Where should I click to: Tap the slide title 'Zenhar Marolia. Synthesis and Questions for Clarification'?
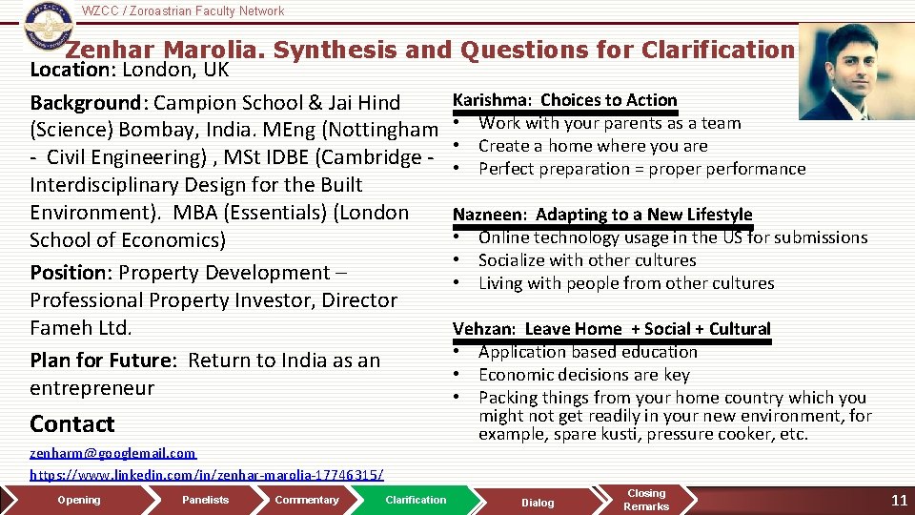(x=430, y=50)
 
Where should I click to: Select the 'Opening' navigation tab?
(x=78, y=500)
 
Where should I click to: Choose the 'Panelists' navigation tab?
(x=206, y=500)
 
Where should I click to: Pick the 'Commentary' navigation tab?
(x=306, y=500)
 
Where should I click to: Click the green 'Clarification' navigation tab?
(x=416, y=500)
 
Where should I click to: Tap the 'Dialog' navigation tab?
(x=538, y=503)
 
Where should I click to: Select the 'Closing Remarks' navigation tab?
(x=646, y=500)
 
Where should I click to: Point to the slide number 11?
(x=898, y=501)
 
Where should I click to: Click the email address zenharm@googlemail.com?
(x=112, y=453)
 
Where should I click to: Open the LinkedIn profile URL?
(x=207, y=474)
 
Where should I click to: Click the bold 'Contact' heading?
(x=72, y=424)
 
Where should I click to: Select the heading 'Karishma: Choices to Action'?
(x=564, y=100)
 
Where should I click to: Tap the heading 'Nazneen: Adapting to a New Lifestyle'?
(x=602, y=215)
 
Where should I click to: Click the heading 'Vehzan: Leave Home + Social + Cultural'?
(x=611, y=329)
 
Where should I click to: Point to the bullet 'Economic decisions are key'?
(x=583, y=375)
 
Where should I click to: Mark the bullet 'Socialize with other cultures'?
(x=587, y=260)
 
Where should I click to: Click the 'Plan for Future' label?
(x=102, y=360)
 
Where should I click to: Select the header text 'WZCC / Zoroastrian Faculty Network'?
(x=183, y=11)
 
